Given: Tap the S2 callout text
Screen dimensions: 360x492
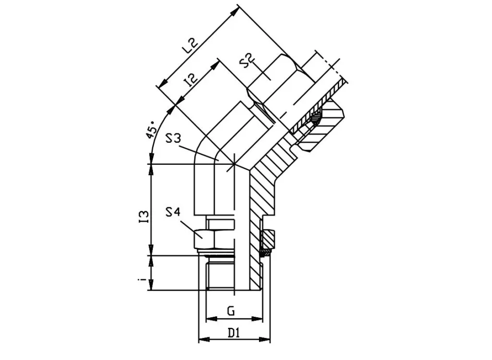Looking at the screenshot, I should [x=246, y=62].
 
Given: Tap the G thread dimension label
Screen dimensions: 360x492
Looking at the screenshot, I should [x=231, y=311].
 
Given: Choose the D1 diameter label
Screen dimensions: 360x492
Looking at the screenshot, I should [x=234, y=333].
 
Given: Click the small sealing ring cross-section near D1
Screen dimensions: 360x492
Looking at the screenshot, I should [x=265, y=251].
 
